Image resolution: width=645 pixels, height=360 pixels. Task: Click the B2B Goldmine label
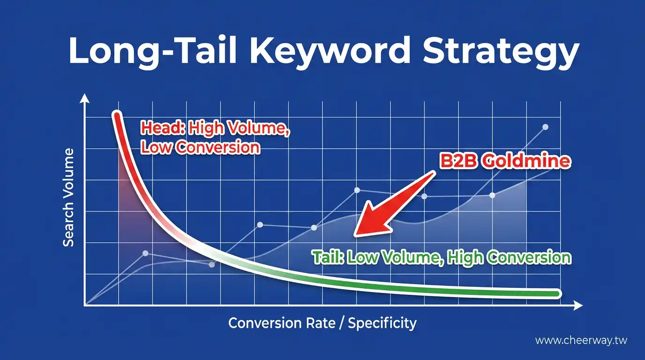coord(505,161)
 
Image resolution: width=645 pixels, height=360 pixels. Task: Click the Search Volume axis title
coord(68,197)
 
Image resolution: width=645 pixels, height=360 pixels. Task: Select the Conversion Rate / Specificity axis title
coord(322,323)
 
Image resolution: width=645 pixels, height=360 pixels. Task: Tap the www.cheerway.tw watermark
coord(581,341)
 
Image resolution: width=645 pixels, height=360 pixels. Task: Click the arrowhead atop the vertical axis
coord(84,97)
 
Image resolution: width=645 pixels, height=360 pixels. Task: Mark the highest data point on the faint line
coord(545,127)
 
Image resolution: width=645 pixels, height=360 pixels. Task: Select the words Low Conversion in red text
coord(200,147)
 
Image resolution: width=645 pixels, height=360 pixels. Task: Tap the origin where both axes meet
coord(85,306)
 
